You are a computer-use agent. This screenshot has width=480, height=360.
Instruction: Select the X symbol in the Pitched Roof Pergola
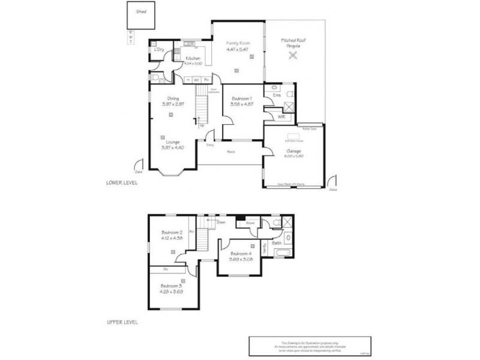[293, 56]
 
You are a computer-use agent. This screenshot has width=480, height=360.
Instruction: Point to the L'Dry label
[159, 49]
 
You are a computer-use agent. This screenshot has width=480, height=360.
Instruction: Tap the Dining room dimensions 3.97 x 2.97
[172, 104]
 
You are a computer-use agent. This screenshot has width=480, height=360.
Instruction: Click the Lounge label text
[172, 142]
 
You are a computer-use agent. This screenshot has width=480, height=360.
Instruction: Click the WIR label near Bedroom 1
[281, 116]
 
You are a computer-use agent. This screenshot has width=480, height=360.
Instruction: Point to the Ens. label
[277, 95]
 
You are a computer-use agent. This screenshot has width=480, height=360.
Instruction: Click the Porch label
[230, 151]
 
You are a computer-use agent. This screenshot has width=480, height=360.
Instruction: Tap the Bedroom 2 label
[172, 232]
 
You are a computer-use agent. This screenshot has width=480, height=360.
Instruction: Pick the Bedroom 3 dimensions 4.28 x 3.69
[172, 291]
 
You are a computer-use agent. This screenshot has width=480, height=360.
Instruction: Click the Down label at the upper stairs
[221, 222]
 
